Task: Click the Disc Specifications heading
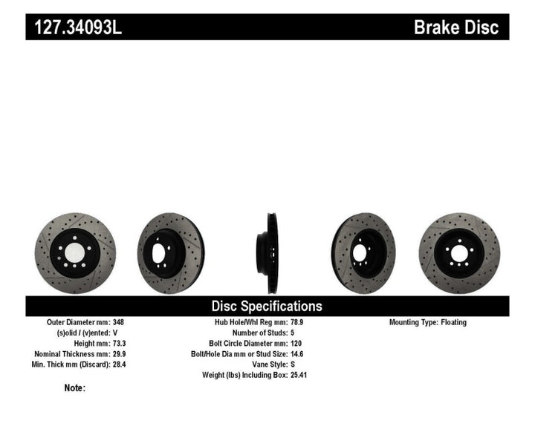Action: coord(267,306)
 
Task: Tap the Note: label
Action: coord(75,388)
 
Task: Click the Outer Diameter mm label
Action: coord(77,323)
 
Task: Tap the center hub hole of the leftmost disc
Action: coord(74,253)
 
